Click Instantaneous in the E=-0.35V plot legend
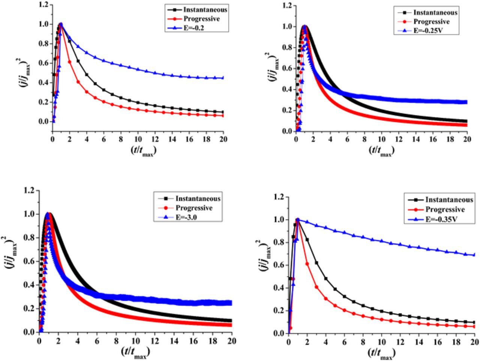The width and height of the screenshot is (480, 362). [449, 200]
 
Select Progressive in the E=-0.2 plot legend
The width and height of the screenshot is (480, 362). [201, 19]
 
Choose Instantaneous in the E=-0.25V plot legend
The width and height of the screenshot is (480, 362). [435, 12]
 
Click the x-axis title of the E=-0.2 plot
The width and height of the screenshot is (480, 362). [143, 150]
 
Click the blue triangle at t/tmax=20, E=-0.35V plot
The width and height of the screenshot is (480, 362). [474, 255]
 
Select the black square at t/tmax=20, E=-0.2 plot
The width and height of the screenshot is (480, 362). [223, 112]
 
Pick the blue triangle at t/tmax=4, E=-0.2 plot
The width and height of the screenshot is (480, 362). [87, 53]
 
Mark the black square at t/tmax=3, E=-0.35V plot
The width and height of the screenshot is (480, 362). [316, 263]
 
